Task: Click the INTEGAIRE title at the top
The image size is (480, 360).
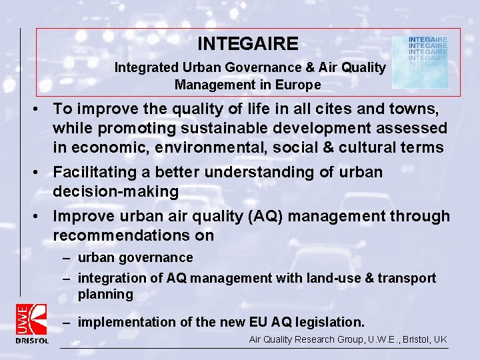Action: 248,44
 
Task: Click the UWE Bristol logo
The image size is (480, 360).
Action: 32,323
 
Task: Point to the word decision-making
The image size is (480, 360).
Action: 116,192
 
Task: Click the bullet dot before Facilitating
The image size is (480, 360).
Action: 41,173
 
